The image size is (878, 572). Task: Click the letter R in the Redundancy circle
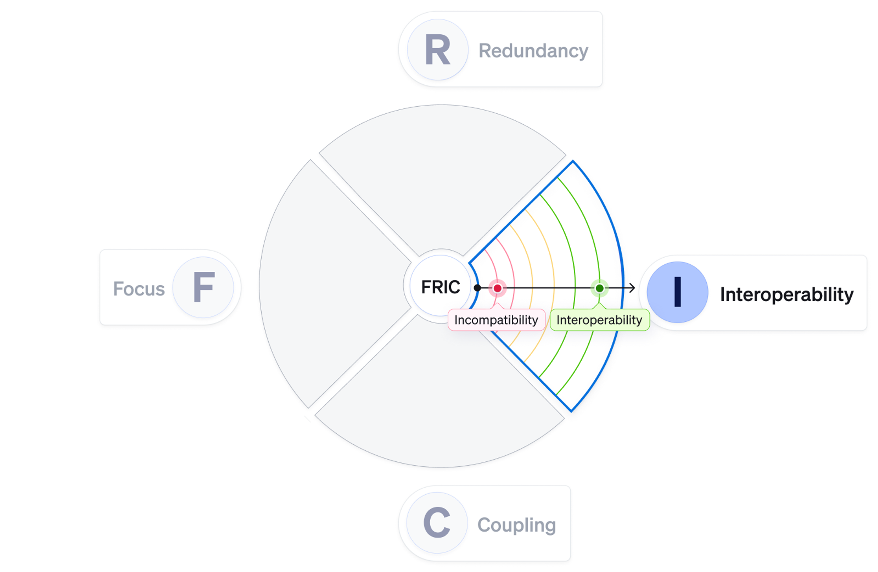tap(437, 50)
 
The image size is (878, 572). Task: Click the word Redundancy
tap(533, 51)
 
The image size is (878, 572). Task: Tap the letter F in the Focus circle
tap(204, 287)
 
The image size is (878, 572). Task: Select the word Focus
tap(139, 289)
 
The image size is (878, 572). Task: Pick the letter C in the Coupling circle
tap(437, 522)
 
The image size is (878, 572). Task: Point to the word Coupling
tap(516, 525)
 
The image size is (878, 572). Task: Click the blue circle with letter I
tap(677, 292)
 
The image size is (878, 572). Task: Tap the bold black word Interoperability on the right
tap(786, 294)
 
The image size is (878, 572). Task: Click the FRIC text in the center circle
tap(440, 287)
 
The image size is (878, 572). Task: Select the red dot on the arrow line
tap(497, 288)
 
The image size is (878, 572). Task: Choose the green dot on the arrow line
tap(599, 288)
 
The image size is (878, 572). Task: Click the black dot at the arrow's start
tap(478, 288)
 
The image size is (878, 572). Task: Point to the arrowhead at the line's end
tap(633, 288)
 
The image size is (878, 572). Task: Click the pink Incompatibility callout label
tap(496, 320)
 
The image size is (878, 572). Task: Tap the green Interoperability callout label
tap(599, 320)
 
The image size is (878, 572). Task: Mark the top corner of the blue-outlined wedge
tap(573, 162)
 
